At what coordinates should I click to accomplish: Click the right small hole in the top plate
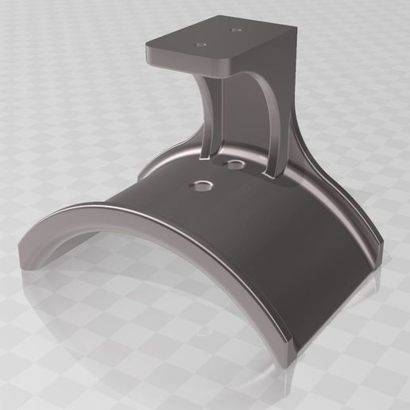(x=236, y=30)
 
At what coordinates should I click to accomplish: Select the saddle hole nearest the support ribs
(x=235, y=164)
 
